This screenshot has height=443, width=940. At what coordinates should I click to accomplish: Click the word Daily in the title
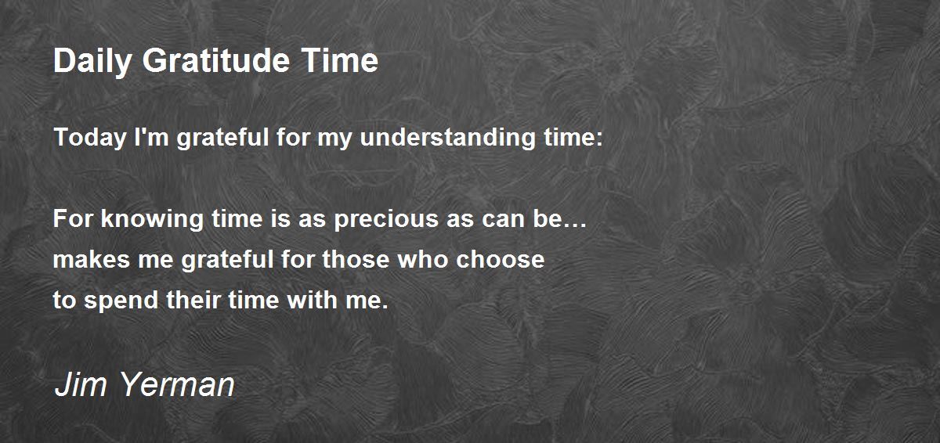point(92,62)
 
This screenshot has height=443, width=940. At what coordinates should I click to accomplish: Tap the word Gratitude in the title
point(216,60)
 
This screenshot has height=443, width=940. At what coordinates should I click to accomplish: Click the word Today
point(90,138)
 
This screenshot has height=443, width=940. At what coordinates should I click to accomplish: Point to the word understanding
point(448,138)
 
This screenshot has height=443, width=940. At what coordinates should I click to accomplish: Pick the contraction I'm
point(151,137)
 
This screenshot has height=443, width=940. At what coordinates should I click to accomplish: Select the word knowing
point(152,220)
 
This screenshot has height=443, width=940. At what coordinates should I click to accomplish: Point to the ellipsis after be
point(575,225)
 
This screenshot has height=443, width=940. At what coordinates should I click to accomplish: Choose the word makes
point(92,259)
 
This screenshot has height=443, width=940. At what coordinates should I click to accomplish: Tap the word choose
point(501,259)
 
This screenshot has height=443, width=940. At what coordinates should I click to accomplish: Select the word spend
point(121,301)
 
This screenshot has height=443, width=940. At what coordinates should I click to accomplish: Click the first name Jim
point(81,384)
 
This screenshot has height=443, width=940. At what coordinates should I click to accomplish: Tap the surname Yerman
point(178,384)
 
